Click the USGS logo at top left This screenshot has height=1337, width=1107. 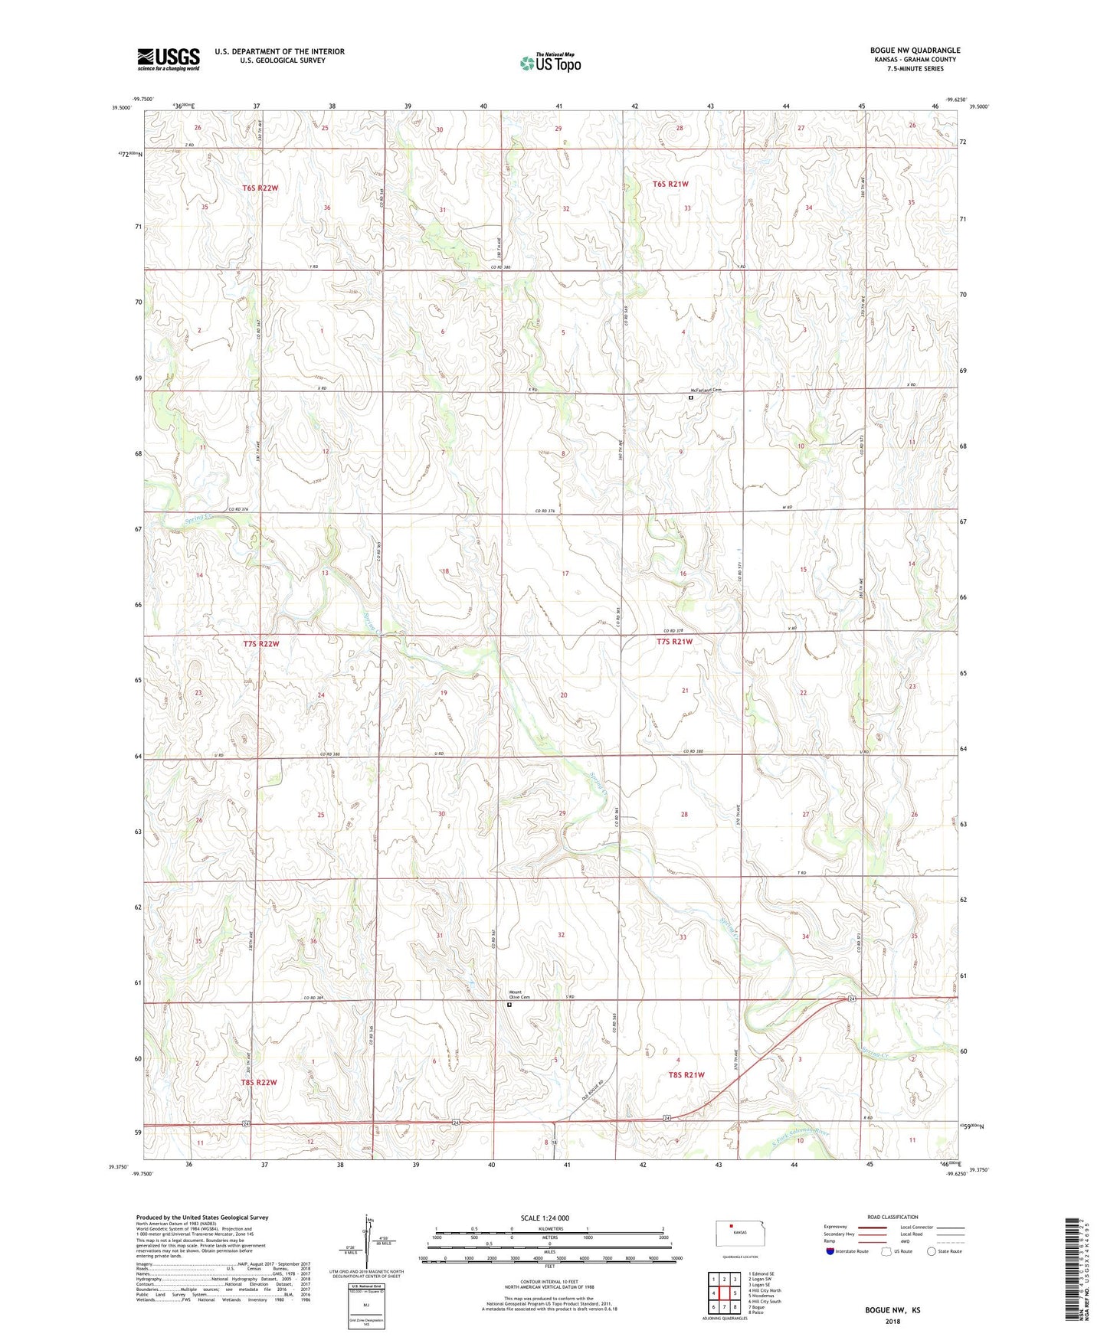click(168, 59)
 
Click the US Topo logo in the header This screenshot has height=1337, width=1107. click(551, 63)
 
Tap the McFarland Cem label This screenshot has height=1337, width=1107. click(706, 391)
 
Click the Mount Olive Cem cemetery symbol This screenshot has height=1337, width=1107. click(509, 1006)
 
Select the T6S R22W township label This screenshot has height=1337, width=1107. click(260, 188)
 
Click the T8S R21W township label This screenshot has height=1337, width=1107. click(686, 1075)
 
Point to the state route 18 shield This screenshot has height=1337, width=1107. click(555, 1142)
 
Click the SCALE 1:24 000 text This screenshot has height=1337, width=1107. click(545, 1218)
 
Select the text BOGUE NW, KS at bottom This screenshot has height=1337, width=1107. click(892, 1310)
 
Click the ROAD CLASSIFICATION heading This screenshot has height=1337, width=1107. click(892, 1217)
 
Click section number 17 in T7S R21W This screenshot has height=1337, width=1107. click(565, 574)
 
